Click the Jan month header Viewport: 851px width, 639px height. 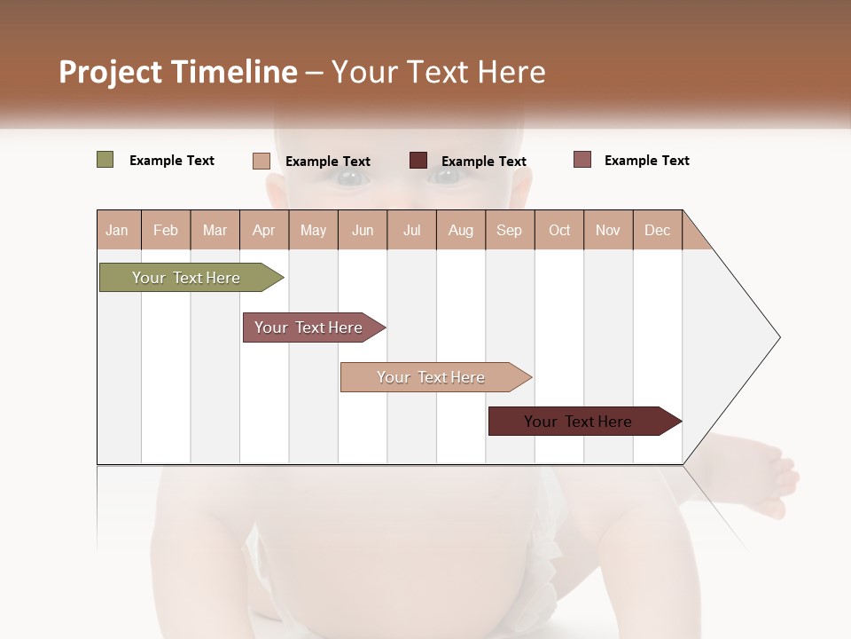(x=118, y=230)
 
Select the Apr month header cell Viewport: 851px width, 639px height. (x=264, y=230)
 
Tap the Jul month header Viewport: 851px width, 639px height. (x=411, y=230)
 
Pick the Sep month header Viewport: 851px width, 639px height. (x=510, y=230)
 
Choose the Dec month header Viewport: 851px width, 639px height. (x=657, y=230)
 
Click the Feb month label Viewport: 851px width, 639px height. (x=166, y=230)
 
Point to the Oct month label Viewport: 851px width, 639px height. (x=559, y=230)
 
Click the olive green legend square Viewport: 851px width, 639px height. (x=105, y=160)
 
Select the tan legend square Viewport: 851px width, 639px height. (x=261, y=161)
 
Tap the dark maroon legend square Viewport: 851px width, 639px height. (x=418, y=160)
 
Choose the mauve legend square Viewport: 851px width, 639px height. (x=582, y=160)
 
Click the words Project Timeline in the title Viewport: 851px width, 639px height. (x=177, y=72)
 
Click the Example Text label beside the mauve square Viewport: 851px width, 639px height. (x=646, y=161)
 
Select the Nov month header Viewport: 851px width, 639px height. (x=608, y=230)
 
